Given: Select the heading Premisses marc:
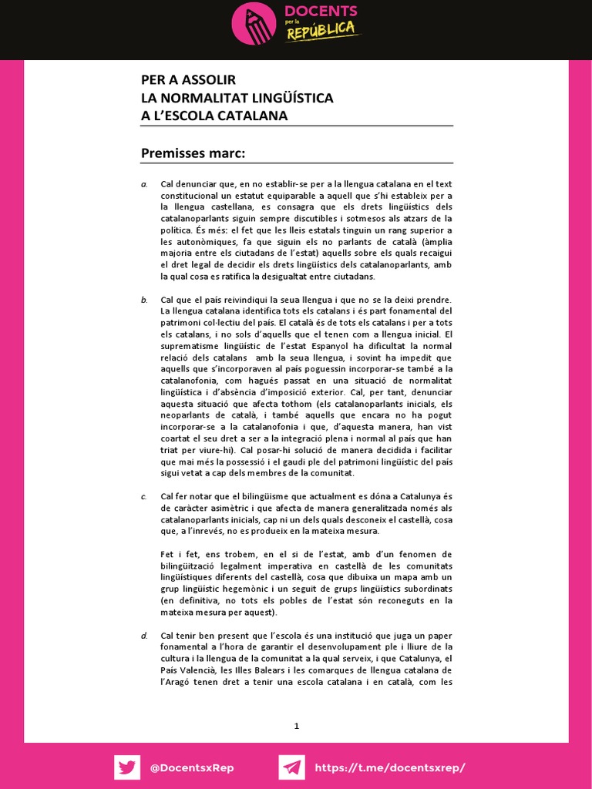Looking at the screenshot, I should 193,153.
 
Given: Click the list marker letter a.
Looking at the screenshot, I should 143,184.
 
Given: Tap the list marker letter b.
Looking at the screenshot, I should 143,300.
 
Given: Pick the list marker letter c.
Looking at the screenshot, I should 143,496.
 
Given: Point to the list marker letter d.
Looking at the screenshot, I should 143,635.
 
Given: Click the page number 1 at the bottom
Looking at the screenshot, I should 296,725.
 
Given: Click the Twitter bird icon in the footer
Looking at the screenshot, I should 127,767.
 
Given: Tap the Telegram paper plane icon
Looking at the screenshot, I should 291,767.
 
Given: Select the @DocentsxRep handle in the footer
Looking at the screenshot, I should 192,768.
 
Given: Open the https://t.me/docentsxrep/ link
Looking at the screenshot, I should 390,768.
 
